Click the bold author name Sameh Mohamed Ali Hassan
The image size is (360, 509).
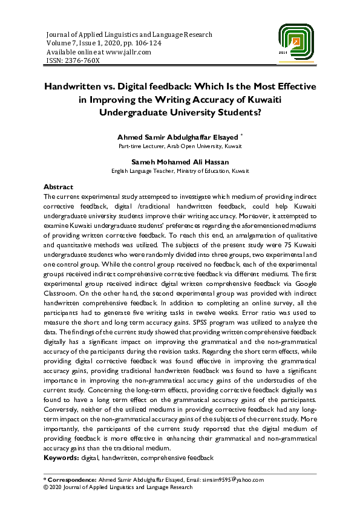[x=180, y=163]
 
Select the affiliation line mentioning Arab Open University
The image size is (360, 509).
[x=180, y=147]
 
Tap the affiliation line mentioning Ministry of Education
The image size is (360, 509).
[x=180, y=171]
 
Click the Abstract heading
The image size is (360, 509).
[x=59, y=187]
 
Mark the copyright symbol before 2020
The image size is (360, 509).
[x=47, y=487]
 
